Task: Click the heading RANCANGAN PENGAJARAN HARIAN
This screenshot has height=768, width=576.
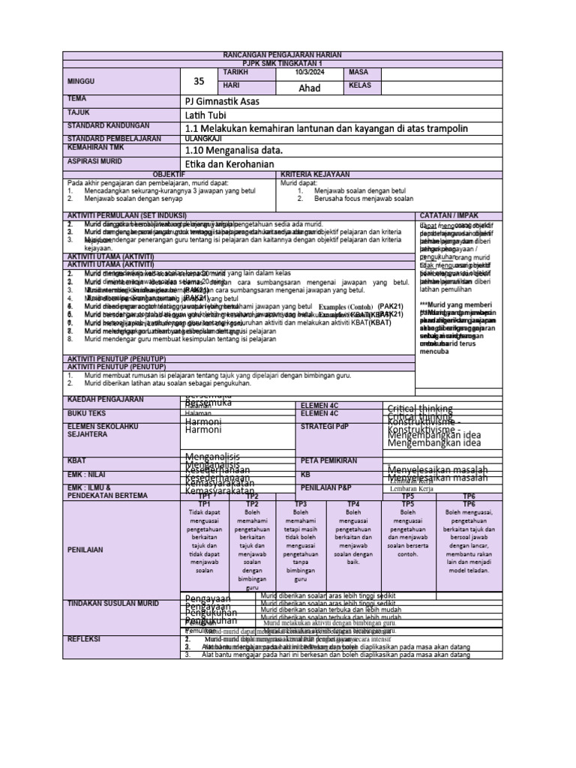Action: tap(288, 56)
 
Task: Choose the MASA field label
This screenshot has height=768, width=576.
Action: tap(357, 72)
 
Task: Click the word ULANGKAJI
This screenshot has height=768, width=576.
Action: tap(204, 138)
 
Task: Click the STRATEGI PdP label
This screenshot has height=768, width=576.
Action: tap(324, 426)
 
